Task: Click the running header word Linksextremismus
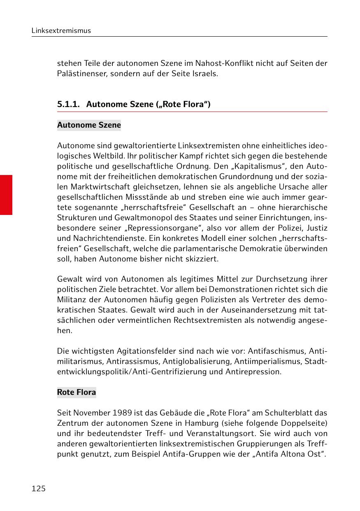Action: (x=61, y=30)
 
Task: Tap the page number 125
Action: (x=39, y=489)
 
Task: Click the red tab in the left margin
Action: (x=6, y=195)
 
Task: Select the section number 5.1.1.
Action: (x=68, y=104)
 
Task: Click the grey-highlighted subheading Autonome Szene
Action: (x=89, y=125)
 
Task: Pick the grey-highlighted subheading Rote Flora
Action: (x=77, y=392)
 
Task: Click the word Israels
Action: (x=204, y=74)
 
